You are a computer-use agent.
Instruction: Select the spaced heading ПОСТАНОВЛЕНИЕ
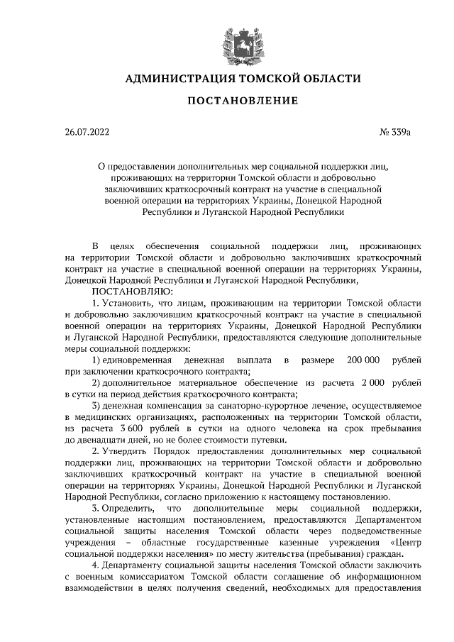coord(242,101)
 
